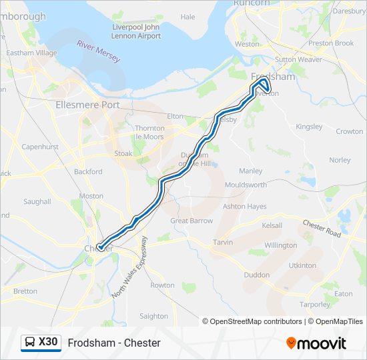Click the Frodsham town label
pyautogui.click(x=273, y=76)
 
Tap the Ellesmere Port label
pyautogui.click(x=87, y=105)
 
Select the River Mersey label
pyautogui.click(x=99, y=51)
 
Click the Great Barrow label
pyautogui.click(x=192, y=221)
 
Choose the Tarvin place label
pyautogui.click(x=222, y=242)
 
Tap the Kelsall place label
pyautogui.click(x=272, y=225)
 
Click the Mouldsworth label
pyautogui.click(x=246, y=185)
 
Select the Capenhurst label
pyautogui.click(x=40, y=147)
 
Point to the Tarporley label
pyautogui.click(x=314, y=305)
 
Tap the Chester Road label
pyautogui.click(x=322, y=228)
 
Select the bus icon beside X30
pyautogui.click(x=31, y=343)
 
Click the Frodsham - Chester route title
pyautogui.click(x=114, y=343)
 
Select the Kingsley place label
pyautogui.click(x=309, y=126)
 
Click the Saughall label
pyautogui.click(x=37, y=201)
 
